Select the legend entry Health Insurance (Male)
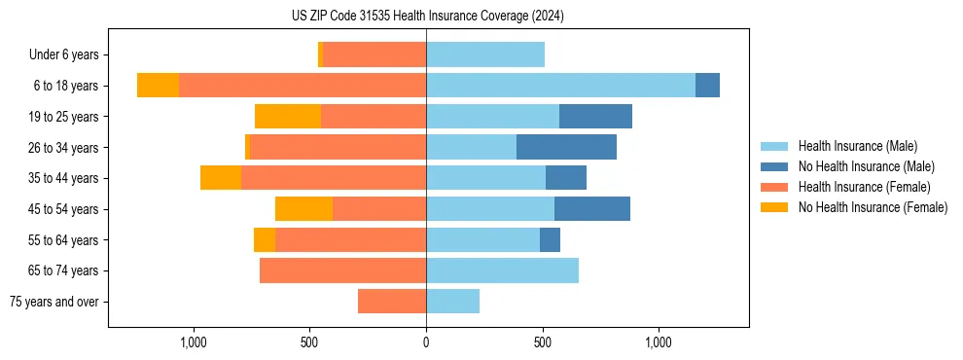pos(857,146)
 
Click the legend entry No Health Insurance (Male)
pos(866,166)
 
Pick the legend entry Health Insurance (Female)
pos(864,187)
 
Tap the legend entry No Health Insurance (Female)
pos(873,207)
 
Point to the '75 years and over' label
pos(54,302)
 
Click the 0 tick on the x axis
pos(426,342)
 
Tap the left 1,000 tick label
pos(194,342)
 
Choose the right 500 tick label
pos(543,342)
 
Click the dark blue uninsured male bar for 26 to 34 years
pos(566,147)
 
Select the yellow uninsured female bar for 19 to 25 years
pos(288,117)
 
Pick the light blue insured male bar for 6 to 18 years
pos(560,86)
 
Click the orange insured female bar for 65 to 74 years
pos(342,270)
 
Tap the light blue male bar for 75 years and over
pos(452,302)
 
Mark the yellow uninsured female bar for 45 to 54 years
pos(303,209)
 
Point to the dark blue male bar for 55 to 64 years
pos(550,239)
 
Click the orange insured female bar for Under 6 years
pos(374,55)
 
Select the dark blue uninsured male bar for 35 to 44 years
pos(566,178)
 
